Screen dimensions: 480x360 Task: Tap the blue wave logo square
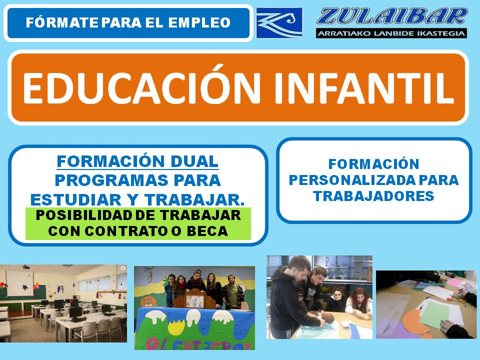[279, 23]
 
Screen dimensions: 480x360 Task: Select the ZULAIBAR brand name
[392, 16]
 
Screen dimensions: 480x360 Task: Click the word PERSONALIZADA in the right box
[352, 180]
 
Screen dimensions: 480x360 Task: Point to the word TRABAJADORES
[374, 196]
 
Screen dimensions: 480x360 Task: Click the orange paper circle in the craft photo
[415, 322]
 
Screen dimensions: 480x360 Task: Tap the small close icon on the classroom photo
[123, 268]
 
